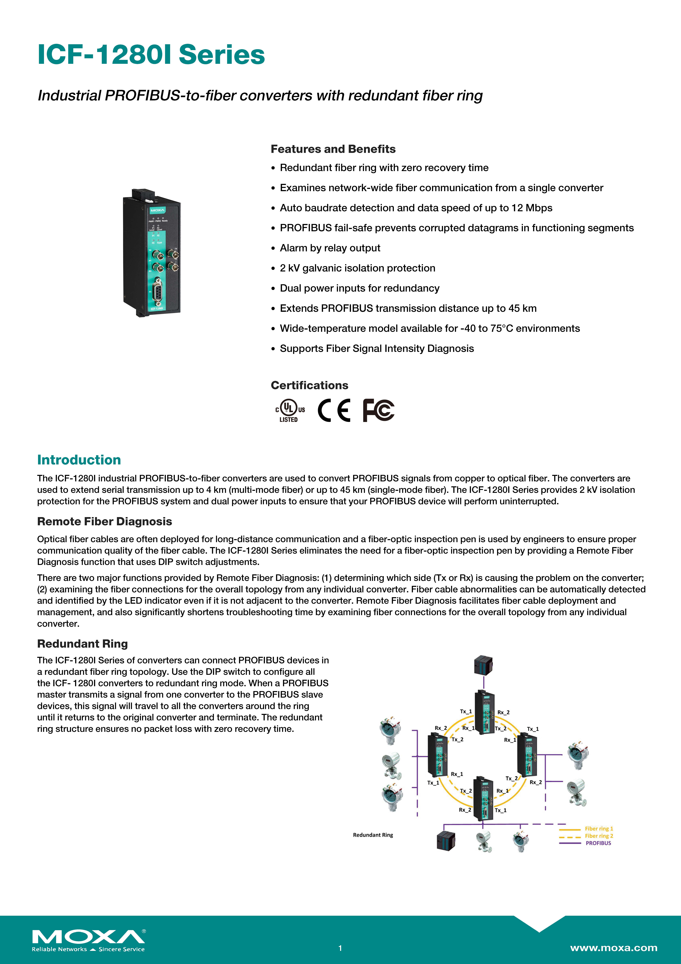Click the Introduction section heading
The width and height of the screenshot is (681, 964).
click(x=79, y=460)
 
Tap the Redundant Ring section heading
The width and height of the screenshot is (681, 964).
click(x=82, y=644)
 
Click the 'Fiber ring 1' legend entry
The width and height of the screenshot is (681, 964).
click(x=599, y=828)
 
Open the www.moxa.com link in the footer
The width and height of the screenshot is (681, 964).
click(x=613, y=948)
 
